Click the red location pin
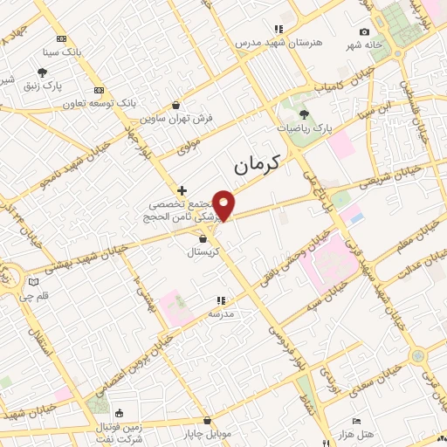[x=224, y=204]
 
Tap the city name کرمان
[x=260, y=164]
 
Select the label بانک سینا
[x=65, y=52]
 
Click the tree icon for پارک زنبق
[x=42, y=72]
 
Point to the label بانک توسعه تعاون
[x=98, y=103]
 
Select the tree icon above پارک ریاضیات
[x=304, y=114]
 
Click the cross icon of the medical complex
[x=182, y=189]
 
